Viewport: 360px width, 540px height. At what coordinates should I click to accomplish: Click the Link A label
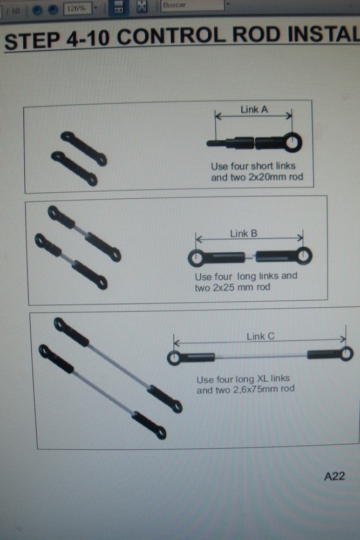254,110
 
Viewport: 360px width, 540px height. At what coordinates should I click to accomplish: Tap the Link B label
243,233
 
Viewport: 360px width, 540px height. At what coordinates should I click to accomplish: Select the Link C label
261,336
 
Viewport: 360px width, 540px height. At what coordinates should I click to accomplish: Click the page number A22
335,476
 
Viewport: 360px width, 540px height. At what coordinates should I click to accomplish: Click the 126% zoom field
77,9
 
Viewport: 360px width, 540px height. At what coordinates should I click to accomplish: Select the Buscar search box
192,5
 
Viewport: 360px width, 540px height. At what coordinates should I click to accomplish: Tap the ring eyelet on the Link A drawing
293,142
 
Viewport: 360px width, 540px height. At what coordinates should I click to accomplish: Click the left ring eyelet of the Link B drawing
196,258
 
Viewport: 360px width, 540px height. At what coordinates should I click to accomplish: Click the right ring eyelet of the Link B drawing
303,255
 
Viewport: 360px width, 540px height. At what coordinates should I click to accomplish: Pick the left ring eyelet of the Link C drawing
174,358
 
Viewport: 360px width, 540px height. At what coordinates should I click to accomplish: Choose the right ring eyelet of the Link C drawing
346,353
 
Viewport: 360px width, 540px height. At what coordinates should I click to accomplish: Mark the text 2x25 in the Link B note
223,287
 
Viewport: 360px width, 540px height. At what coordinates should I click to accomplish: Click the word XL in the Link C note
262,379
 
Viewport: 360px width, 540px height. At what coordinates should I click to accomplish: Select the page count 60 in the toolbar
16,11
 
